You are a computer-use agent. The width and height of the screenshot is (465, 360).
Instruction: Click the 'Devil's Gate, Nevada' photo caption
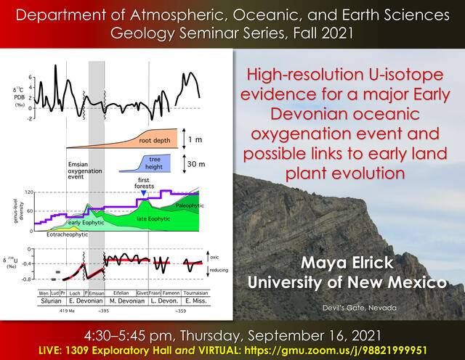point(360,308)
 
